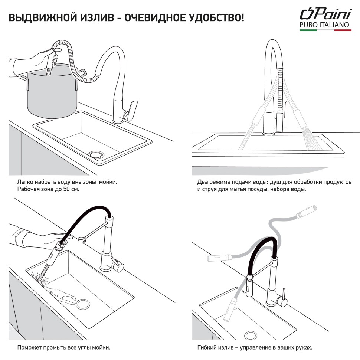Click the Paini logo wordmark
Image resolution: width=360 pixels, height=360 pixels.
(325, 14)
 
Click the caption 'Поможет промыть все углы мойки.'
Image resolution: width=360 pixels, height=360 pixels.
(63, 348)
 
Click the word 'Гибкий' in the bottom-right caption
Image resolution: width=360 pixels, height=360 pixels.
(206, 348)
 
